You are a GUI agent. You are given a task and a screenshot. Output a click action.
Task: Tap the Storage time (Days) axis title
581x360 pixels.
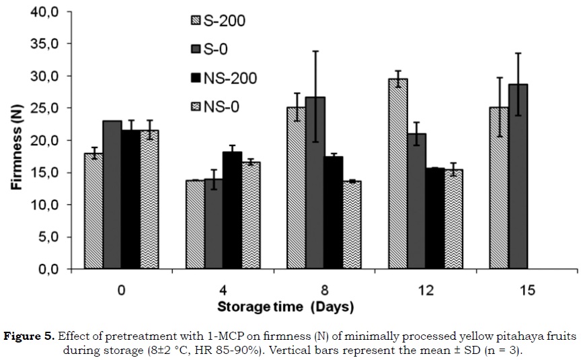(x=285, y=308)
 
